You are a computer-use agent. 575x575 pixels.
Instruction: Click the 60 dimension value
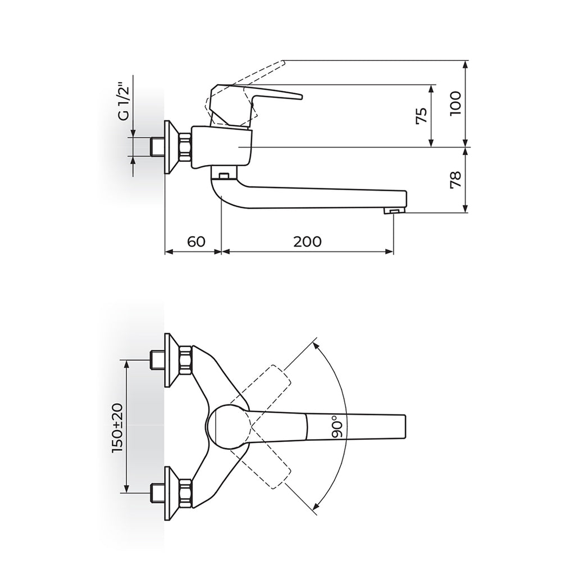[196, 241]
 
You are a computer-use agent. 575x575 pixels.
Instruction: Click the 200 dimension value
[307, 241]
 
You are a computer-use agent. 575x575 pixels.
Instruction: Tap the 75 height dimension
[422, 116]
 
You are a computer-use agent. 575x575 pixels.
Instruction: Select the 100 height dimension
[455, 104]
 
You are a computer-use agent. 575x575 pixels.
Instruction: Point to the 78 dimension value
[455, 180]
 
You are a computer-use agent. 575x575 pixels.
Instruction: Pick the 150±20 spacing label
[118, 427]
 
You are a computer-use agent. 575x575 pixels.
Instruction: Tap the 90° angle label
[337, 427]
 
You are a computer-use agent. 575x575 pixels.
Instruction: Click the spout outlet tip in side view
[394, 211]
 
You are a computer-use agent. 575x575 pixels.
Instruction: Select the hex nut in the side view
[185, 147]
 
